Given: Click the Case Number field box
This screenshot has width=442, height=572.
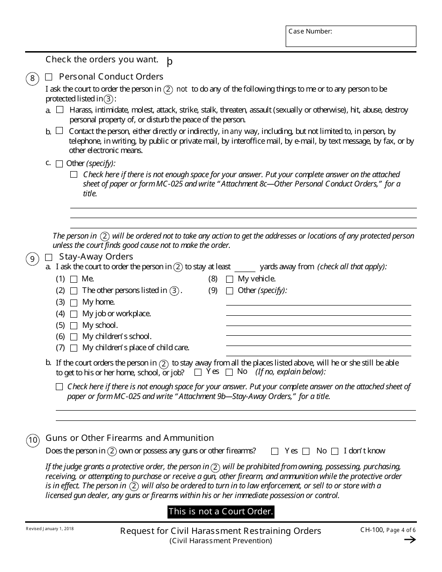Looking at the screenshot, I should [351, 36].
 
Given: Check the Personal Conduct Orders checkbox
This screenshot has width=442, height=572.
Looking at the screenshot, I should [49, 77].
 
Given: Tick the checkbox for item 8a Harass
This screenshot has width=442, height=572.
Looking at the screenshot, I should [60, 110].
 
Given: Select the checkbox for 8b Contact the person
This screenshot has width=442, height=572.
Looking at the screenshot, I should [59, 131].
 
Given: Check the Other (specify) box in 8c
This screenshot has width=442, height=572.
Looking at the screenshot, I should [59, 164].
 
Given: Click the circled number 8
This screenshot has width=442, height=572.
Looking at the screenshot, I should [32, 78].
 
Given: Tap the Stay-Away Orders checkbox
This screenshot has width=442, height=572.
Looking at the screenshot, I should [49, 257].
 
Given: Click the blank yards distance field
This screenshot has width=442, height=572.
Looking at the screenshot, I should [245, 267].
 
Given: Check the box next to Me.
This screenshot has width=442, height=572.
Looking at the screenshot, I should [74, 279].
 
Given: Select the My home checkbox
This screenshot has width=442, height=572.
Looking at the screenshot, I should [74, 303].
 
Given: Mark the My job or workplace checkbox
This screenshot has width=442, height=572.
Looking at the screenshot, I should [74, 314].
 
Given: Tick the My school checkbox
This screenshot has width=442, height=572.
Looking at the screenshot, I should [74, 326].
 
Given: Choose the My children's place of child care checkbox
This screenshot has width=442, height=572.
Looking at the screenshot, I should [74, 348].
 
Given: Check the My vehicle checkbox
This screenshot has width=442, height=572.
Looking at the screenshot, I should [229, 279].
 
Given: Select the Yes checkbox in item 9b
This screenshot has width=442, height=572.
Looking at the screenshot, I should [198, 372].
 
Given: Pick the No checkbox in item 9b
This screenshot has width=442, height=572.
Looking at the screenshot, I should [229, 372].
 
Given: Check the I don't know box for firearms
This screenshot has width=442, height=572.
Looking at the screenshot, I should [335, 451].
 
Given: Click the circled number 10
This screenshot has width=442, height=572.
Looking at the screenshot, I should [33, 440].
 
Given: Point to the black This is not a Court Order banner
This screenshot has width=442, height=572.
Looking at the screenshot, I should [221, 512].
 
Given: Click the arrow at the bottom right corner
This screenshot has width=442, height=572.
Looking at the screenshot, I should [409, 539].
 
